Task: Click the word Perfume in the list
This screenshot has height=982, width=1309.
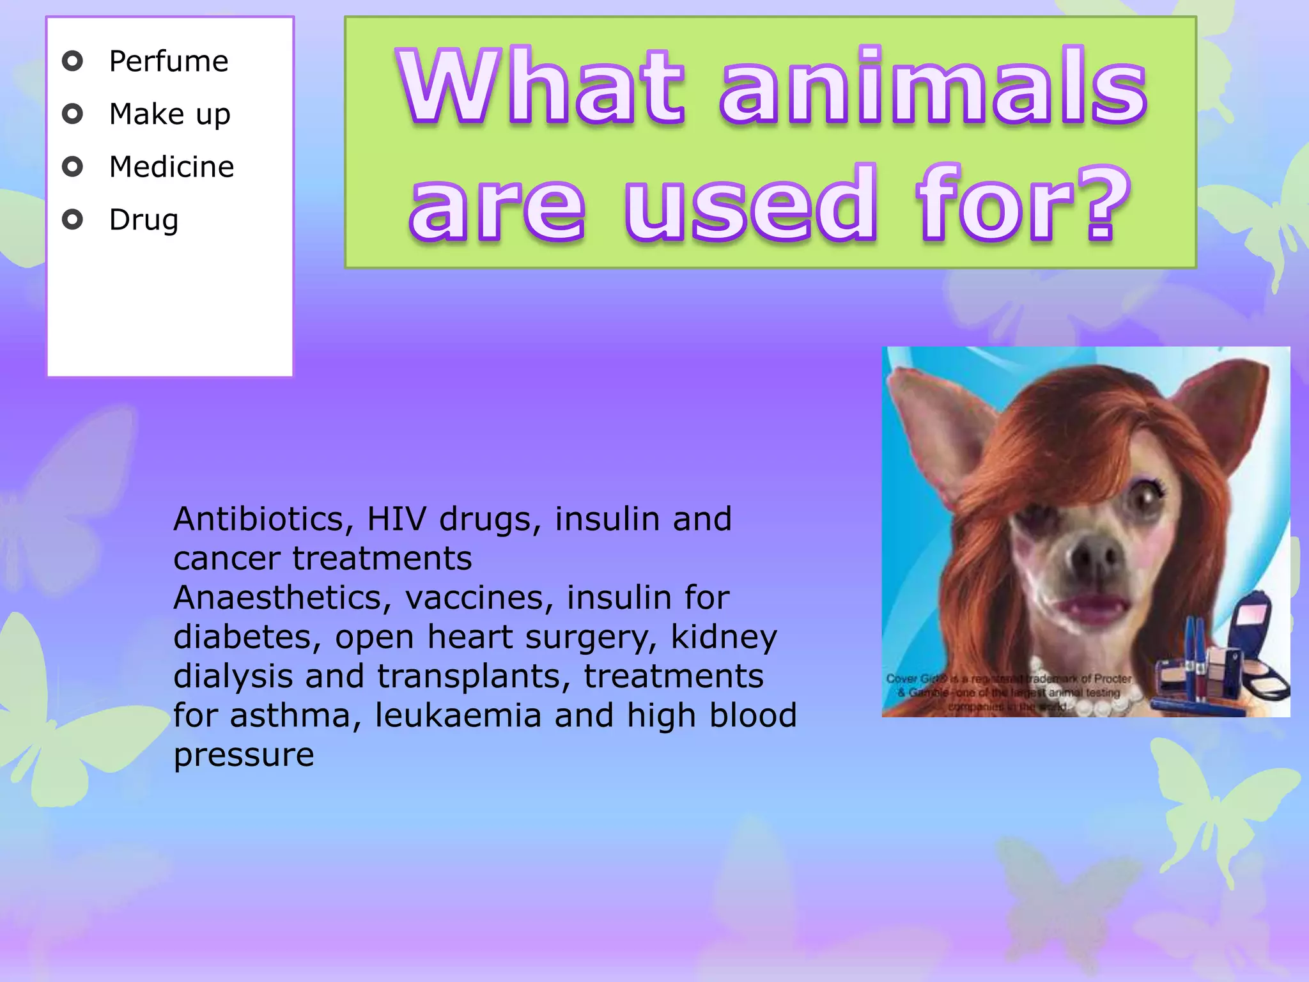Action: [168, 62]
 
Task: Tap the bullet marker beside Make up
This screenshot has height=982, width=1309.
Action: [73, 114]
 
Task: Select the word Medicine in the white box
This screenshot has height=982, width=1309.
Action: [171, 168]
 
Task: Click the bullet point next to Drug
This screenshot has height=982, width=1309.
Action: [73, 220]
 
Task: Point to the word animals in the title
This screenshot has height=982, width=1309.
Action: [933, 86]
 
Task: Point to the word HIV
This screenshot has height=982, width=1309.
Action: [396, 519]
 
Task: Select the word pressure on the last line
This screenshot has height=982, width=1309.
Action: [244, 756]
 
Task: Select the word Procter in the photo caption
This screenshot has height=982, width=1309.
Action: [1112, 678]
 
